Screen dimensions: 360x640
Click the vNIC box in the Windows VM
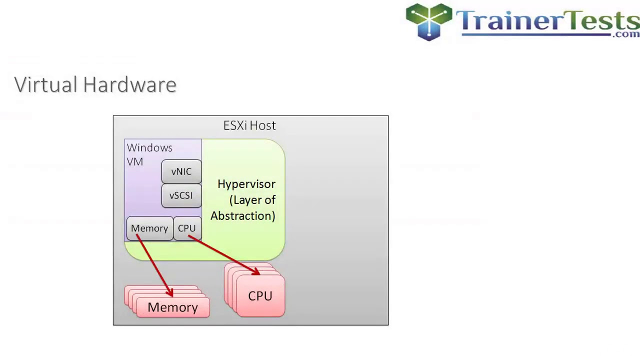click(x=181, y=171)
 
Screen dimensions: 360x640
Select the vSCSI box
click(x=181, y=195)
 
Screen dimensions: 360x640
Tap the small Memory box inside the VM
click(x=149, y=228)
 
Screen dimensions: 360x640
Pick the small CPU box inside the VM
click(x=186, y=228)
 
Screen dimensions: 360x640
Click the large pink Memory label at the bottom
click(x=172, y=307)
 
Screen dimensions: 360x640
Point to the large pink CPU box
click(x=260, y=296)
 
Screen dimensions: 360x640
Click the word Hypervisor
click(x=246, y=184)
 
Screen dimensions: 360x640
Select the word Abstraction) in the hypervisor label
click(x=243, y=216)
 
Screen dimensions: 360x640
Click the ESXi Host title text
click(x=249, y=125)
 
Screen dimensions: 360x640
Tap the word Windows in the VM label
click(x=149, y=148)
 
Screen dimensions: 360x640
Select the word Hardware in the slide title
click(x=129, y=85)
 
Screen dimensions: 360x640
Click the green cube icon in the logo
click(x=429, y=21)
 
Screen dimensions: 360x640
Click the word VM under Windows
click(x=135, y=162)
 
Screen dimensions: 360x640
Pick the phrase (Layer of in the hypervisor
click(x=252, y=200)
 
